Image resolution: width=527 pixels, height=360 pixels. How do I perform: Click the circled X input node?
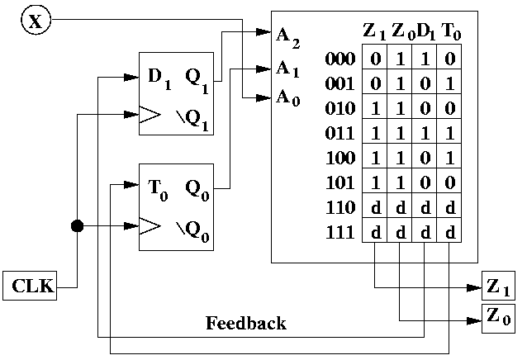[x=35, y=21]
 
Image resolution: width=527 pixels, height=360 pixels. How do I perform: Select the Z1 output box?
[x=497, y=287]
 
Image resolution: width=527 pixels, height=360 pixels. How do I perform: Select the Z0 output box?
[x=497, y=316]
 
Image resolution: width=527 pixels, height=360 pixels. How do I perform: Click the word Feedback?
[x=245, y=323]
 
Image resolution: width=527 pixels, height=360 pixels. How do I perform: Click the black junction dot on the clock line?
[x=77, y=225]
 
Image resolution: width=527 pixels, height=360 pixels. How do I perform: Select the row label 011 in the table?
[x=340, y=133]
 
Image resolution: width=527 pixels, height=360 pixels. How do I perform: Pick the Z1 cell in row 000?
[x=374, y=59]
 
